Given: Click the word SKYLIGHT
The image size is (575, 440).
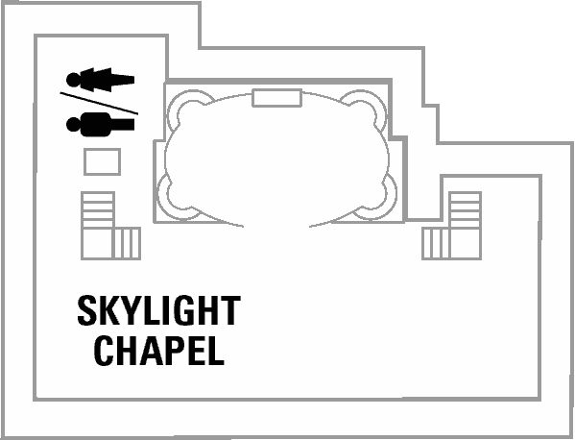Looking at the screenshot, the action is [x=158, y=310].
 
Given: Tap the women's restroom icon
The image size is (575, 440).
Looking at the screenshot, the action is [x=100, y=80].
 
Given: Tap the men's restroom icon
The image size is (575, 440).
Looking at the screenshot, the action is [x=100, y=124].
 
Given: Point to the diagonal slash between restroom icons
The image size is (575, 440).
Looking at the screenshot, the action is [x=99, y=103].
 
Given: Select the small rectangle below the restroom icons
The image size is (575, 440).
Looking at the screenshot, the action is [x=103, y=161].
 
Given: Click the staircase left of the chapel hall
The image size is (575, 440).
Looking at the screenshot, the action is [x=110, y=226].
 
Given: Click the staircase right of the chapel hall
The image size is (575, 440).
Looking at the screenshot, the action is [x=451, y=226].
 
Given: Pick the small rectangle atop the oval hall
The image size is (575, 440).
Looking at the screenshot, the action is [x=276, y=98].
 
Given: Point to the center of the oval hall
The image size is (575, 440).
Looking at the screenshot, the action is [x=276, y=158].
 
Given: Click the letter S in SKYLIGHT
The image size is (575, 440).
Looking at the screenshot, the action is [x=85, y=310].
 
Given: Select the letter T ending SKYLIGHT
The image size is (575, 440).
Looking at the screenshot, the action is [x=231, y=311].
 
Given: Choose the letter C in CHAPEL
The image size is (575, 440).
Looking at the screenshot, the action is [x=103, y=351].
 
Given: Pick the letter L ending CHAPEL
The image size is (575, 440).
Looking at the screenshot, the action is [x=216, y=351].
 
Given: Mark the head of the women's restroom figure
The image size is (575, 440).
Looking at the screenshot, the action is [x=73, y=80].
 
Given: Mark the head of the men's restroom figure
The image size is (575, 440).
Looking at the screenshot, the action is [x=73, y=124].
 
